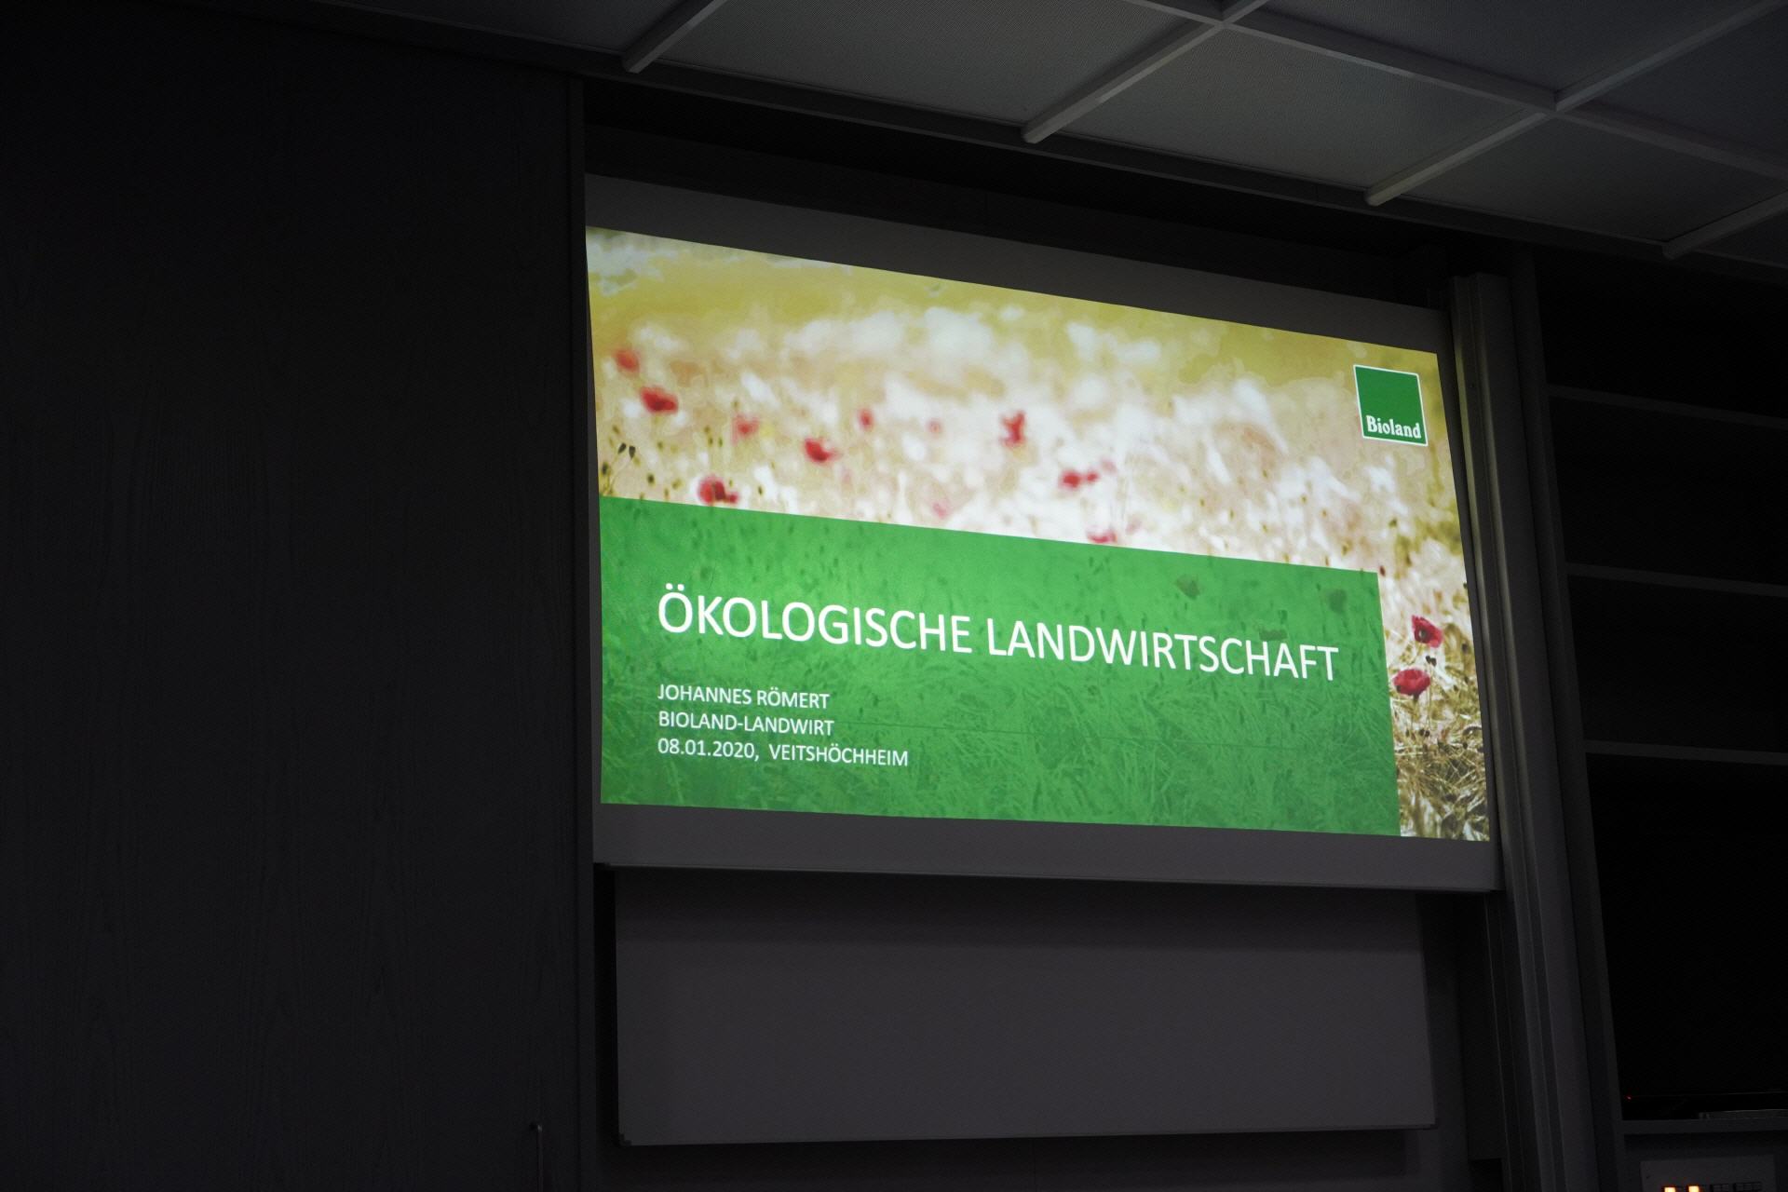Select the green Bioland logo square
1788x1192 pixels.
[x=1390, y=406]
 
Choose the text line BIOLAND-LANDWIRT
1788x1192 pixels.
[x=745, y=724]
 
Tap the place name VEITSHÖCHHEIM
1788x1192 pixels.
[x=839, y=755]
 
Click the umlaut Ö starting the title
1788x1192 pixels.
[x=678, y=613]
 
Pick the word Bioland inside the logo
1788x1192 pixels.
[x=1394, y=429]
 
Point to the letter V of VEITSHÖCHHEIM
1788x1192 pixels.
[x=777, y=753]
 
